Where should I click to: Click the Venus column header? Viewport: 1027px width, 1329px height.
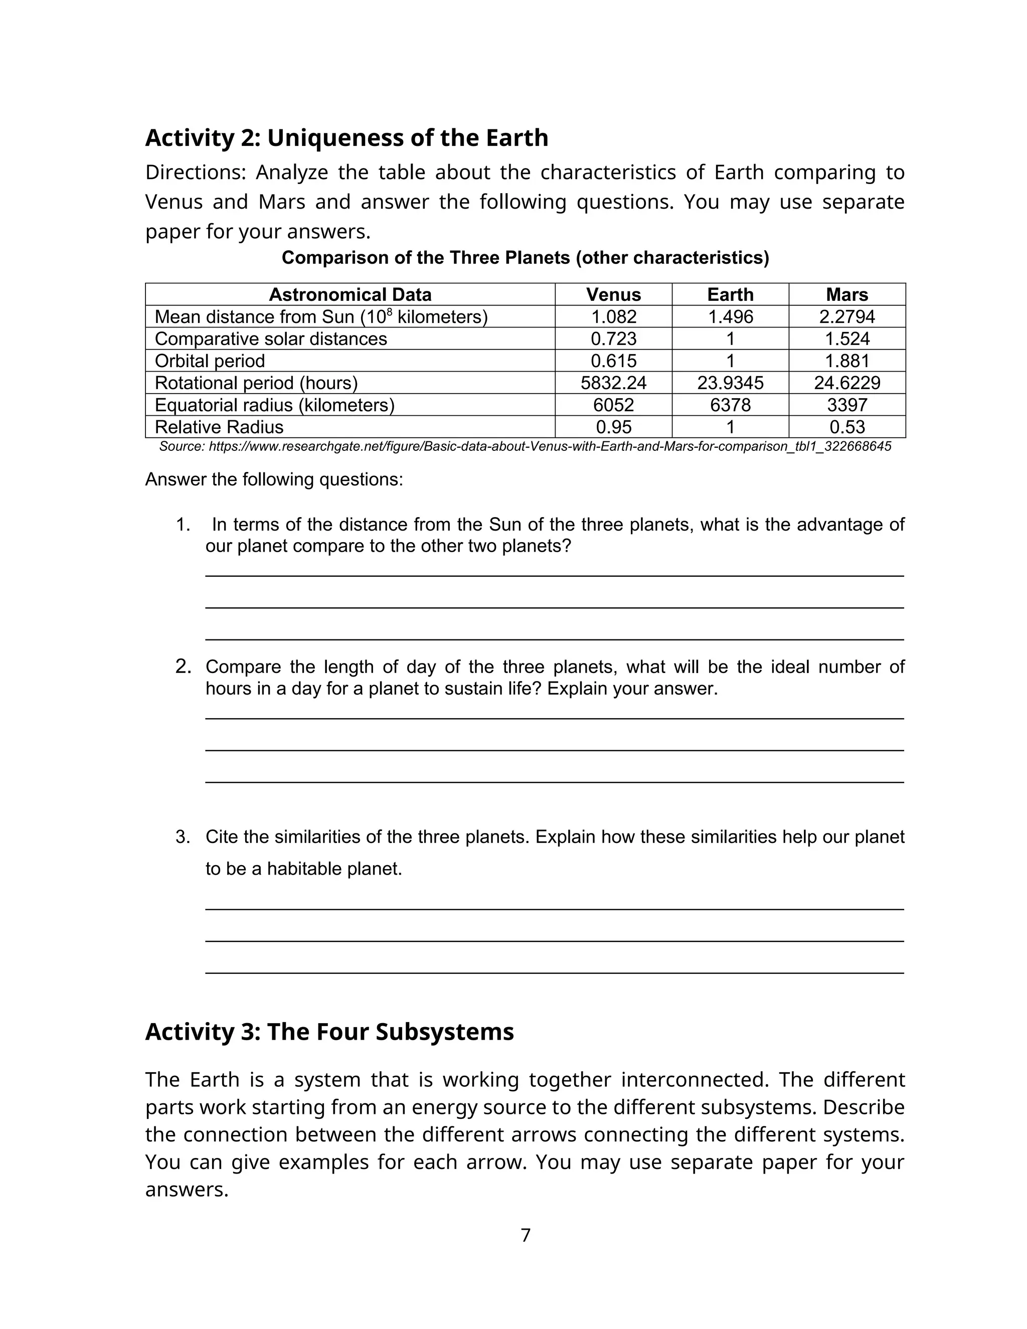(613, 294)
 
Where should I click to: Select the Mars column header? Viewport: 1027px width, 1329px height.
(847, 294)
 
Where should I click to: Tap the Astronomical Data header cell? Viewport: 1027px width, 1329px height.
(350, 294)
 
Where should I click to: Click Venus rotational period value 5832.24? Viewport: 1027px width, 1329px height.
(613, 383)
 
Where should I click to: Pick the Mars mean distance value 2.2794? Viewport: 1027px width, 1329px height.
(847, 316)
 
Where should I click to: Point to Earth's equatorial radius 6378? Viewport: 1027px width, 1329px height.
(730, 405)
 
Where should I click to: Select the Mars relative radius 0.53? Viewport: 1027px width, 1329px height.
(847, 427)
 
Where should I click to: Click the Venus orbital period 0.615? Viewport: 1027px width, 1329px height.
(613, 361)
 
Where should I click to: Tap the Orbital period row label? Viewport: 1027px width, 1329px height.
(210, 361)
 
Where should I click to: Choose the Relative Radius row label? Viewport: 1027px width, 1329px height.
(219, 427)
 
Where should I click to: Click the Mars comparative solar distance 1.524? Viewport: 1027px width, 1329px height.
(847, 339)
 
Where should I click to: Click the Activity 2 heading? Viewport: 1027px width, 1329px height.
(346, 138)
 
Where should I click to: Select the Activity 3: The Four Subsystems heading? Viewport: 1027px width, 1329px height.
(329, 1032)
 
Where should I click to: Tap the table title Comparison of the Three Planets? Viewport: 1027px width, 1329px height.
(525, 258)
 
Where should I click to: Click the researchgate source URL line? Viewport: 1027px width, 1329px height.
(525, 447)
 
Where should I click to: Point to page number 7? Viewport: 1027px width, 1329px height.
(526, 1235)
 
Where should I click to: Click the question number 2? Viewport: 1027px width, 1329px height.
(183, 667)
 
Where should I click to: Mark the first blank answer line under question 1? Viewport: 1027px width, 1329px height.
(554, 575)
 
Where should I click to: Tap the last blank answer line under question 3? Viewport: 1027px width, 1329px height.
(554, 973)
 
